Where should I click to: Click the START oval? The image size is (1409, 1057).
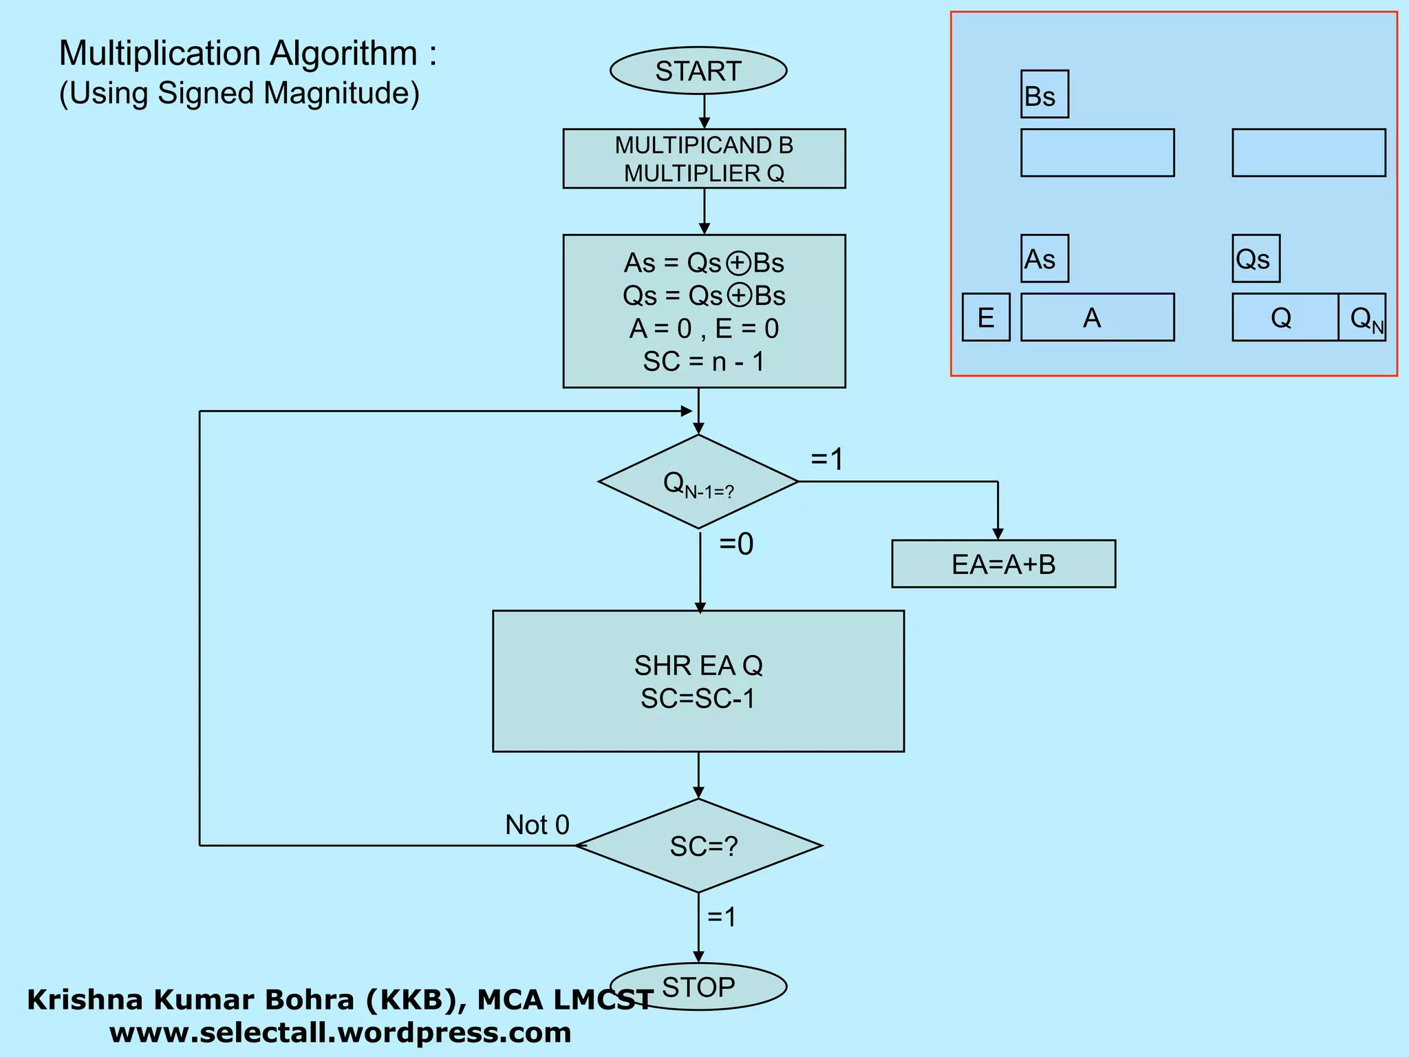[x=698, y=71]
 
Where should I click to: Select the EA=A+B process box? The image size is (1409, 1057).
[x=1003, y=564]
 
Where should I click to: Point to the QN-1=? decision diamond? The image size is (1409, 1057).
[x=698, y=482]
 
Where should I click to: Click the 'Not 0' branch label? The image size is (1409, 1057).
[x=537, y=824]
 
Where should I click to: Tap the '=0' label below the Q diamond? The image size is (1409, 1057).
[x=736, y=544]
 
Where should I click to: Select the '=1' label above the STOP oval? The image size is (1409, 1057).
[x=722, y=917]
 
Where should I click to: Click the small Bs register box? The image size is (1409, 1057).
[x=1044, y=94]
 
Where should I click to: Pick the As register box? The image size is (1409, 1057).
[x=1044, y=259]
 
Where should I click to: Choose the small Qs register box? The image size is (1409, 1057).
[x=1255, y=259]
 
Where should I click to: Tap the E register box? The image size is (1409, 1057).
[x=985, y=317]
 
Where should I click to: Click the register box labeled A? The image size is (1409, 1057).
[x=1097, y=317]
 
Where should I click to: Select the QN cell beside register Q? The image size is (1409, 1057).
[x=1362, y=317]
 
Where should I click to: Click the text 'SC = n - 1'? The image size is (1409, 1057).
[x=703, y=361]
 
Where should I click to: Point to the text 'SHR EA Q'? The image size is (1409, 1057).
[x=698, y=665]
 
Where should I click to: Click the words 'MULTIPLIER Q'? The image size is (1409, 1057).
[x=704, y=173]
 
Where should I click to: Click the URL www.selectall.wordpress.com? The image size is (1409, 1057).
[x=340, y=1032]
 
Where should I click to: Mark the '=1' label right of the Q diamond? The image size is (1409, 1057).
[x=826, y=459]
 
